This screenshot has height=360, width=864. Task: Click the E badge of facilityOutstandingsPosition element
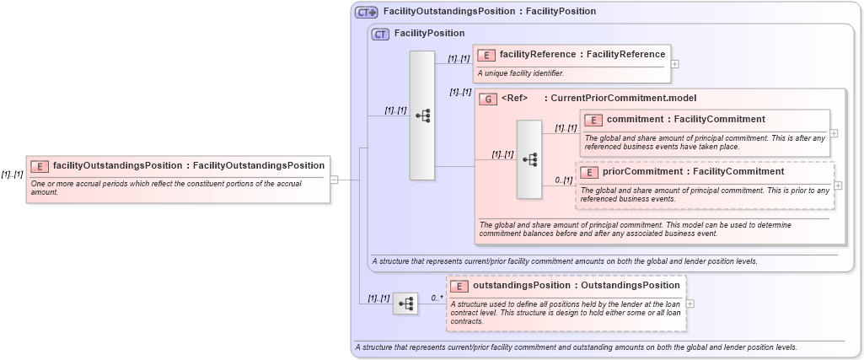click(x=40, y=166)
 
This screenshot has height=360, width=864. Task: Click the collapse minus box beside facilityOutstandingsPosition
click(x=335, y=180)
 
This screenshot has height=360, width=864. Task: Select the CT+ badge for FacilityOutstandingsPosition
click(x=366, y=12)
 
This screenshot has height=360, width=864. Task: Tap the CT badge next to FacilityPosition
click(x=380, y=34)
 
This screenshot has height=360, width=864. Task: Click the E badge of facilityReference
click(x=486, y=55)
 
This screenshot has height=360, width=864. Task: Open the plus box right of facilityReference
click(x=675, y=63)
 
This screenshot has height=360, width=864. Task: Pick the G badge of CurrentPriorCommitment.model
click(x=487, y=99)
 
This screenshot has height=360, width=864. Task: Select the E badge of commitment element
click(x=593, y=120)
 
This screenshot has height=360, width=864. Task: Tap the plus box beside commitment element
click(x=834, y=133)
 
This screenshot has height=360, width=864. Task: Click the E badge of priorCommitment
click(x=588, y=172)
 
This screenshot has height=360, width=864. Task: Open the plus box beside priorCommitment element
click(x=838, y=185)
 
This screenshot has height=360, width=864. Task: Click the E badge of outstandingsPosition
click(x=459, y=286)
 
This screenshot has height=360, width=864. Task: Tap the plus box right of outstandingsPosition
click(x=690, y=304)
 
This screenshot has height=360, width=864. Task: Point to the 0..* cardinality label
click(x=437, y=298)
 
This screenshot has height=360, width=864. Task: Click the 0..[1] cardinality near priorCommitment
click(x=564, y=180)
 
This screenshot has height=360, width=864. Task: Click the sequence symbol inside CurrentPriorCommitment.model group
click(x=529, y=159)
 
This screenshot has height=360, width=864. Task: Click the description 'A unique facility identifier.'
click(x=520, y=73)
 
